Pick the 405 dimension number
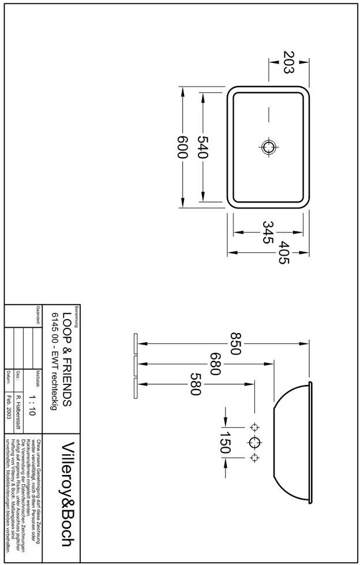(283, 252)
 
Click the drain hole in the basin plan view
(268, 147)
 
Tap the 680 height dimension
(216, 364)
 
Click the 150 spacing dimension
(224, 443)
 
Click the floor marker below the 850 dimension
(134, 343)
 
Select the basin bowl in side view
(291, 443)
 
